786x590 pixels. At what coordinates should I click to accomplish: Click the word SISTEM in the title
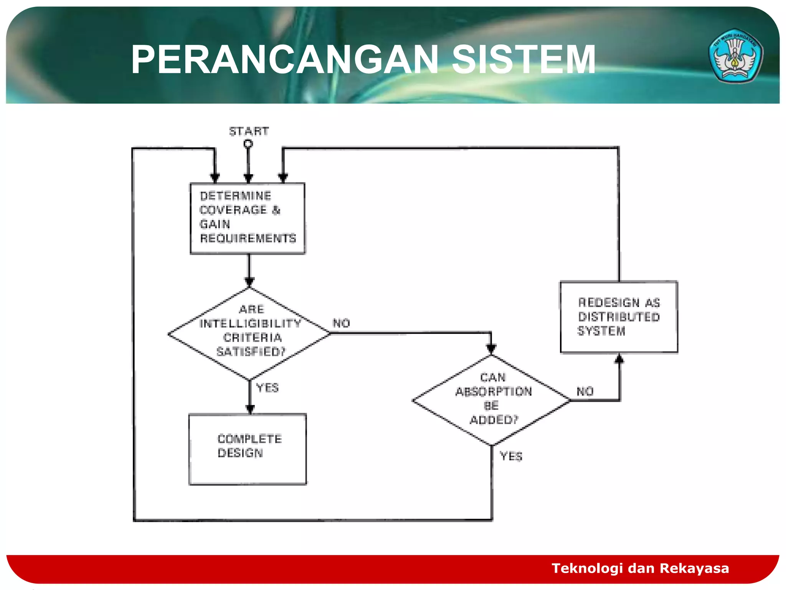[x=523, y=60]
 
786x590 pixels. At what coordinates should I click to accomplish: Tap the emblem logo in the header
[x=735, y=56]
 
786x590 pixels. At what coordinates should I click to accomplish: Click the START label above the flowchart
[x=249, y=131]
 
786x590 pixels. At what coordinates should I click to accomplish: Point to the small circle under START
[x=248, y=144]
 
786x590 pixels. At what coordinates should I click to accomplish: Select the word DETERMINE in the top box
[x=235, y=196]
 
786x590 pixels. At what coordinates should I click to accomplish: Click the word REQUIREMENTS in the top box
[x=248, y=238]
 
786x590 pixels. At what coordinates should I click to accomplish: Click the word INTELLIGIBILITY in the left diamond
[x=250, y=323]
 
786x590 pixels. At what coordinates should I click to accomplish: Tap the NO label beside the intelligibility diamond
[x=341, y=323]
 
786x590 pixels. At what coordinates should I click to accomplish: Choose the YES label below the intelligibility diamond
[x=268, y=388]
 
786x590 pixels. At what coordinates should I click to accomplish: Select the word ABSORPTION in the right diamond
[x=494, y=391]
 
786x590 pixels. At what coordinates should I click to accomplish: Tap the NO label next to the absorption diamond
[x=585, y=391]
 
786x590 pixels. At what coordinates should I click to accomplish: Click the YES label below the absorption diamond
[x=511, y=456]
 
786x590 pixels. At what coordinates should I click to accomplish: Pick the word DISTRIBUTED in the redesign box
[x=619, y=317]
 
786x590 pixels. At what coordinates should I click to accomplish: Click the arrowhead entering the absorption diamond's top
[x=491, y=349]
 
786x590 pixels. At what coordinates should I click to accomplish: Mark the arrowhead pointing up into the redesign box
[x=619, y=359]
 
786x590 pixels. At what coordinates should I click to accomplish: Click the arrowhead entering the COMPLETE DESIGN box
[x=250, y=409]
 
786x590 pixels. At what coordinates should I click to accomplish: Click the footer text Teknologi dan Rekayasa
[x=640, y=568]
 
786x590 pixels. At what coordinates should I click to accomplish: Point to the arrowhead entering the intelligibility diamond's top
[x=249, y=283]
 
